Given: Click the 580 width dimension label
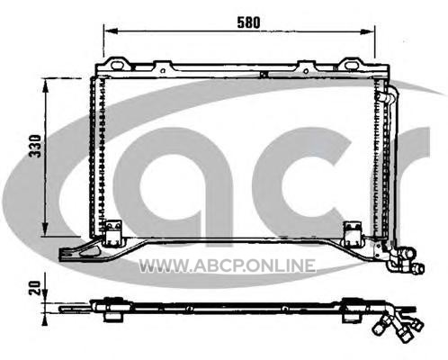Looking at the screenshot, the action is [x=248, y=22].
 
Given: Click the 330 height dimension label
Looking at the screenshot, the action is [x=35, y=146].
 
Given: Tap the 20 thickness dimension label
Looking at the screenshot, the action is [x=35, y=288].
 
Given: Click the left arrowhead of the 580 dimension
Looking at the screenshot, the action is [x=111, y=31].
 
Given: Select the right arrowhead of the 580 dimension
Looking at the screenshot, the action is [x=367, y=31].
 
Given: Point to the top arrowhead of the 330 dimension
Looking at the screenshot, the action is [x=46, y=86].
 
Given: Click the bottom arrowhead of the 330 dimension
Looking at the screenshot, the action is [x=46, y=229].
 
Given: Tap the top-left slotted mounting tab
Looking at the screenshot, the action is [x=117, y=64].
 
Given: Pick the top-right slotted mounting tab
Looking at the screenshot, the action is [x=351, y=64].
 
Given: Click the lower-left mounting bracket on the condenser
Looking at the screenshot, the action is [x=113, y=232].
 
